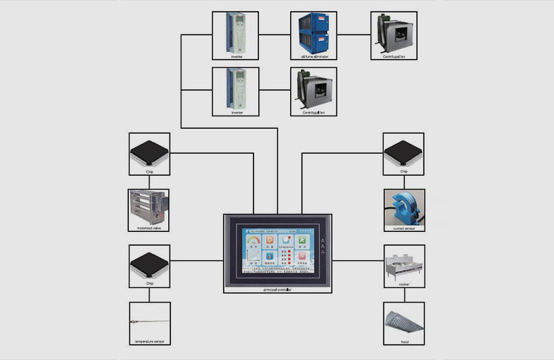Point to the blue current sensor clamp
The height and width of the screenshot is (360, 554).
404,206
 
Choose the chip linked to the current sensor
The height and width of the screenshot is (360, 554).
404,150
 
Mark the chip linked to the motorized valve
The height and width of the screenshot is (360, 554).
149,150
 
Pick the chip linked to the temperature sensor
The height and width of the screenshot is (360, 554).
149,263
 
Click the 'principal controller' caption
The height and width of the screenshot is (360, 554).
276,290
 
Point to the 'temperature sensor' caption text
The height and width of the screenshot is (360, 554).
149,341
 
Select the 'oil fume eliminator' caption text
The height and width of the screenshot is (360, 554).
314,57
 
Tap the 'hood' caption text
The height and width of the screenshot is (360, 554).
404,341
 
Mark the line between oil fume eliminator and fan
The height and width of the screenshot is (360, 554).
354,34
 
